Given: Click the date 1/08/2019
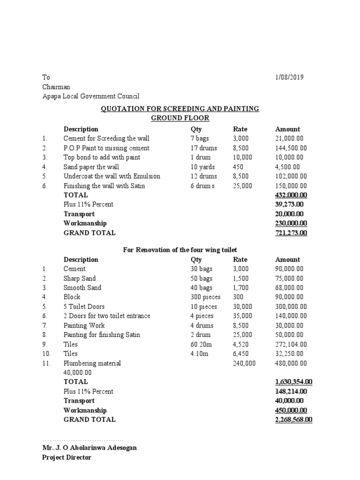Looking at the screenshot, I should click(289, 77).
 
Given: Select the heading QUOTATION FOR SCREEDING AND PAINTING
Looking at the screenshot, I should click(180, 109).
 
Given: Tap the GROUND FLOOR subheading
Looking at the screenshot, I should click(180, 118).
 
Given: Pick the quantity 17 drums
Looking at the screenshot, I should click(204, 148).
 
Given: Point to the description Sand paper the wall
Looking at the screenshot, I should click(91, 167).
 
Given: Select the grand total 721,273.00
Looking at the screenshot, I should click(291, 233).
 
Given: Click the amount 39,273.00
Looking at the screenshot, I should click(289, 204).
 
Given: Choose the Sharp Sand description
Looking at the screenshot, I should click(80, 278).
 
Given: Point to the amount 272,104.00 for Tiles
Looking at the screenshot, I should click(291, 344).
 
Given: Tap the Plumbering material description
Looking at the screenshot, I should click(92, 363).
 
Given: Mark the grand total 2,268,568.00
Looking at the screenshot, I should click(293, 420).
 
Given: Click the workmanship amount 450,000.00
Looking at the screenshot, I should click(291, 410).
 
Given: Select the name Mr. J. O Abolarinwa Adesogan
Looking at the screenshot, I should click(90, 448).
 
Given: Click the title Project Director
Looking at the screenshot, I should click(67, 457).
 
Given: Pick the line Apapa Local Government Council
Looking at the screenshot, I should click(91, 97).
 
